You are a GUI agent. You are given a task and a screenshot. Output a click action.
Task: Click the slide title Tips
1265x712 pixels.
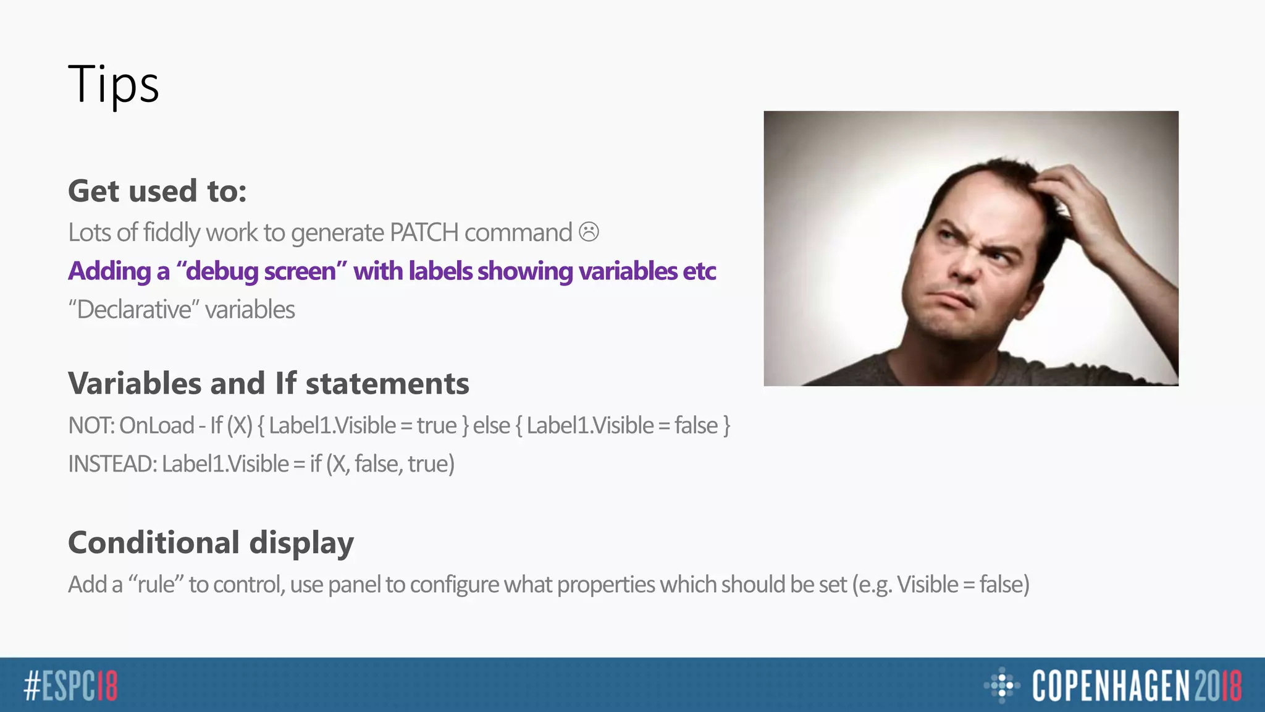pyautogui.click(x=114, y=84)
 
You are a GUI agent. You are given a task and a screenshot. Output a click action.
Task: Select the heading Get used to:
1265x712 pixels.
pyautogui.click(x=157, y=191)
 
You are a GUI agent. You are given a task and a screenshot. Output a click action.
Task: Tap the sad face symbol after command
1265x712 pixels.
pyautogui.click(x=589, y=232)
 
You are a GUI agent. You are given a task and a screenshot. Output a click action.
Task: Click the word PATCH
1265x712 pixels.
pyautogui.click(x=424, y=233)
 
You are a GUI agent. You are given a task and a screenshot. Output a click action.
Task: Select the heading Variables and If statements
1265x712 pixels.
pyautogui.click(x=268, y=383)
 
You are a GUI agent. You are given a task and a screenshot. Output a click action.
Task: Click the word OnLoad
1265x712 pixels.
pyautogui.click(x=156, y=426)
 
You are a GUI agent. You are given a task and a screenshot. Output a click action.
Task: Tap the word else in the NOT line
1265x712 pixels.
pyautogui.click(x=491, y=426)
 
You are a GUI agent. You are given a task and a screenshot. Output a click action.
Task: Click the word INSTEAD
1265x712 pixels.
pyautogui.click(x=111, y=464)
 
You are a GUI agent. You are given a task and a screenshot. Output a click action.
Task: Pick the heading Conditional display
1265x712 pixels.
pyautogui.click(x=211, y=543)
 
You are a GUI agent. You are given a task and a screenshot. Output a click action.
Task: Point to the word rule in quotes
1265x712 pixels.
pyautogui.click(x=156, y=585)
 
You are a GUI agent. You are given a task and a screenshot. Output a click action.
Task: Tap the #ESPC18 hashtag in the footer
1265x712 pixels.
pyautogui.click(x=70, y=685)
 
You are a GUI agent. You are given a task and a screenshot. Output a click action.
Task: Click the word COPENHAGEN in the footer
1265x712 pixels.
pyautogui.click(x=1110, y=685)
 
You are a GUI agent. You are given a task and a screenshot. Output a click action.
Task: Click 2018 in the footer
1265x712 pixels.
pyautogui.click(x=1217, y=685)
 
